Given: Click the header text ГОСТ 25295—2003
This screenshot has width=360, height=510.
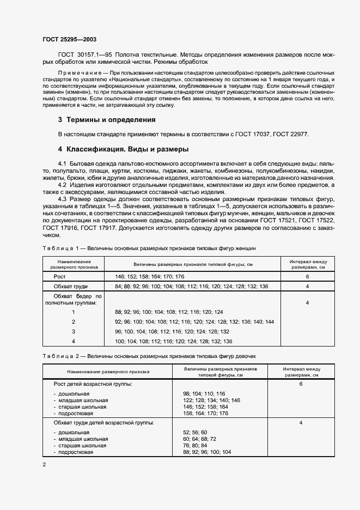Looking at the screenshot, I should [x=70, y=39].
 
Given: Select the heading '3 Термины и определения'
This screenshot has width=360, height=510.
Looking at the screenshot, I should [x=107, y=120].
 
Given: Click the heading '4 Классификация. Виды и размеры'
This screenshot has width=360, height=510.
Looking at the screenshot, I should [x=124, y=149].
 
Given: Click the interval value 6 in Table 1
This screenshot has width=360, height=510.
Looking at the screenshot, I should [x=308, y=277].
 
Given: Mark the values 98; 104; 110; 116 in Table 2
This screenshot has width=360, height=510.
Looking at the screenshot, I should [x=204, y=393].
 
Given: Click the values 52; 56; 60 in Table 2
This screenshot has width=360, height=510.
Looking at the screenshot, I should [x=197, y=432].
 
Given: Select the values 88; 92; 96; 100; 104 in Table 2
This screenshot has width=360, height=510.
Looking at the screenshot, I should [x=208, y=452].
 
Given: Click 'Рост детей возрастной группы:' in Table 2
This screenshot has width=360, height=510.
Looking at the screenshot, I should [x=93, y=384].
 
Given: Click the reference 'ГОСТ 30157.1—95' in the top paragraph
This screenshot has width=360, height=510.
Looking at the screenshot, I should [x=81, y=56].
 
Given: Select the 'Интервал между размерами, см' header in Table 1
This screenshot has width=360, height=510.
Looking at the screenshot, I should [x=308, y=264].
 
